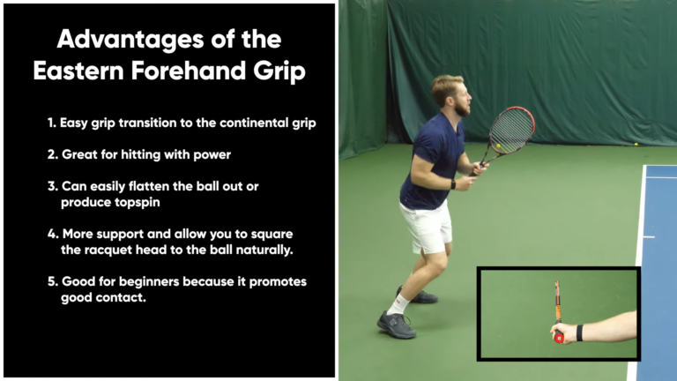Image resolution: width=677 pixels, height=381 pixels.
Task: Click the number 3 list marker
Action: (x=52, y=186)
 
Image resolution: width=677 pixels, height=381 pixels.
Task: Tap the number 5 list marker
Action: (x=52, y=281)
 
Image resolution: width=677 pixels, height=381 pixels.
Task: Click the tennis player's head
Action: (x=449, y=94)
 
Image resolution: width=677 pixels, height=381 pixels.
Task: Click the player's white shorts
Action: (x=427, y=225)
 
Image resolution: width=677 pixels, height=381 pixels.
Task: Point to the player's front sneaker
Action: (x=395, y=325)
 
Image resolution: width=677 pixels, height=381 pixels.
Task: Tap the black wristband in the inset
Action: (x=579, y=332)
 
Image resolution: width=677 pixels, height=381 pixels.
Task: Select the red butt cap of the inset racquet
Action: (x=559, y=338)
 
